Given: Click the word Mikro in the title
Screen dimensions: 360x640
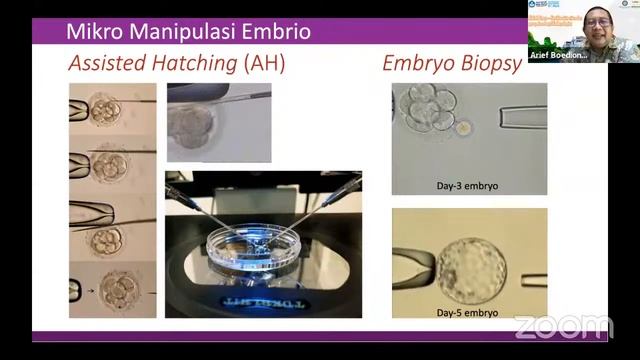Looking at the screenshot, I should pyautogui.click(x=92, y=31).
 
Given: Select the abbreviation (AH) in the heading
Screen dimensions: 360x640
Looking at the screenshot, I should pyautogui.click(x=265, y=63).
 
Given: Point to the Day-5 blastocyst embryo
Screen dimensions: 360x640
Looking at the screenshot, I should pyautogui.click(x=470, y=269).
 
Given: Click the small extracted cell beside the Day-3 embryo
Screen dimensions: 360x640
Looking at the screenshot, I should pyautogui.click(x=465, y=128).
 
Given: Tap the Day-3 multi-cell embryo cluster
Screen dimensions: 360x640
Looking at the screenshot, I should pyautogui.click(x=430, y=112).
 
